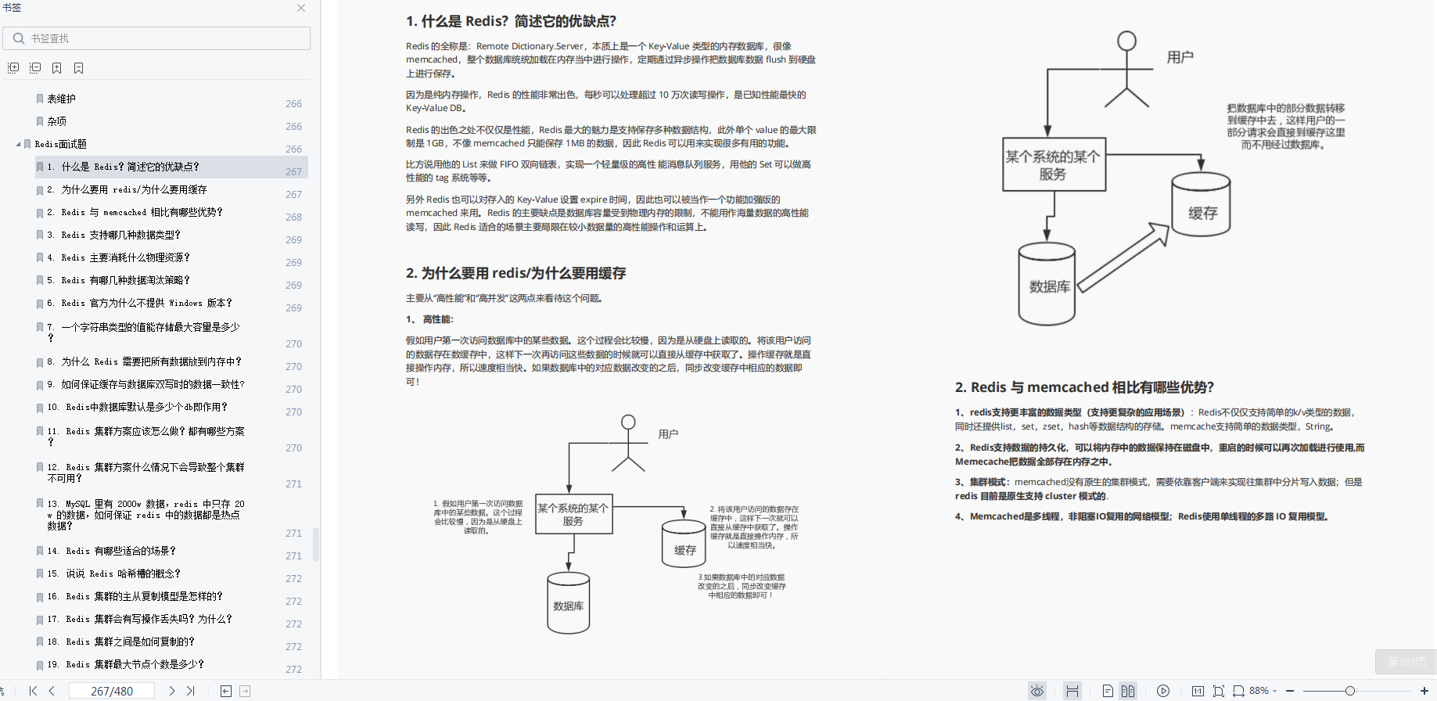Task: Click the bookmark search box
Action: point(164,38)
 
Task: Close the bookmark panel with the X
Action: point(301,8)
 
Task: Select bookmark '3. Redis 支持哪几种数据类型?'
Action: point(121,235)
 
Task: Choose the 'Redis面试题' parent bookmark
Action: point(60,144)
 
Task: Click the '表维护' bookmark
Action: point(61,99)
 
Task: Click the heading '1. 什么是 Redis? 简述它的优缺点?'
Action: point(511,21)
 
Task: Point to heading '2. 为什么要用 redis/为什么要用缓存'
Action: point(516,273)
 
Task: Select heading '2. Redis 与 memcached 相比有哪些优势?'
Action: point(1084,387)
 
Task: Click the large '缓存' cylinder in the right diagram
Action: point(1201,205)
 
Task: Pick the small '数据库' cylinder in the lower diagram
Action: point(568,603)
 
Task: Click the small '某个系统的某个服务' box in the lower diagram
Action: point(573,514)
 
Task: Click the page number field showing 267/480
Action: point(112,691)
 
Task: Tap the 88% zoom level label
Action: point(1259,691)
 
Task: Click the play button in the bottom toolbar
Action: point(1163,691)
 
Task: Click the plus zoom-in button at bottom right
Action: point(1424,691)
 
